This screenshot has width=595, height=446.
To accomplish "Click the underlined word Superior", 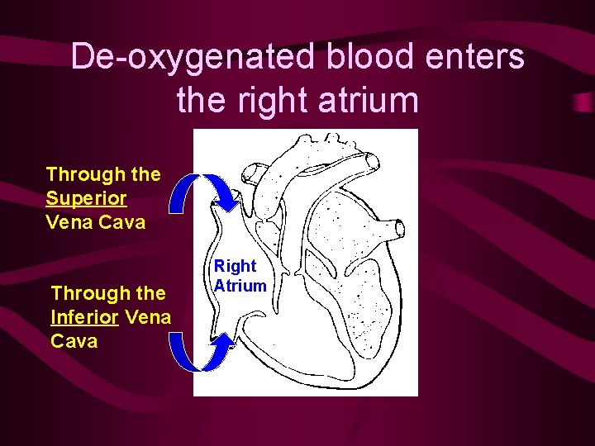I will [87, 198].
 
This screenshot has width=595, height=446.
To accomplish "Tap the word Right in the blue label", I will [236, 266].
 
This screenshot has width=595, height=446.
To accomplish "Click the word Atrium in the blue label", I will [240, 286].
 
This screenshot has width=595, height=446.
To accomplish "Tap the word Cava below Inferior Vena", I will [74, 341].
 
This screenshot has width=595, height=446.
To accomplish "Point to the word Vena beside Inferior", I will [149, 317].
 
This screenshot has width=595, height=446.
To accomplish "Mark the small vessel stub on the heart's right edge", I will [399, 228].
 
